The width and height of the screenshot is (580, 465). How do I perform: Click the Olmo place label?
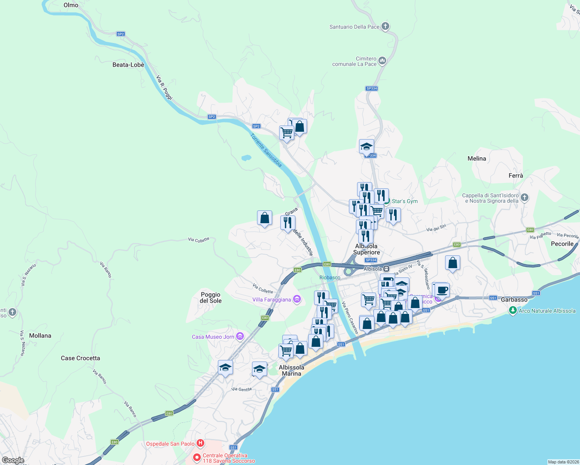[x=71, y=5]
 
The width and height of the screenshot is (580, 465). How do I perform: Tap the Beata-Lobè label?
[x=128, y=65]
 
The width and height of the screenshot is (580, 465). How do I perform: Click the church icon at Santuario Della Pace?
[x=385, y=26]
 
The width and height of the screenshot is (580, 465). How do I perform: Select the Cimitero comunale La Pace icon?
[x=382, y=60]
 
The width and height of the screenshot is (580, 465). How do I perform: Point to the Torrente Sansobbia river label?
[x=266, y=150]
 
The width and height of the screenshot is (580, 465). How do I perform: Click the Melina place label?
[x=476, y=158]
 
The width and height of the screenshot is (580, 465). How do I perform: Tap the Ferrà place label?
[x=516, y=176]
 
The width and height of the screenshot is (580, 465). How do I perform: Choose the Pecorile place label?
[x=562, y=244]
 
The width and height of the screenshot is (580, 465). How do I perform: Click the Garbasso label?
[x=514, y=300]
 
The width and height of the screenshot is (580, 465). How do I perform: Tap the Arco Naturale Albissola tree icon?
[x=513, y=310]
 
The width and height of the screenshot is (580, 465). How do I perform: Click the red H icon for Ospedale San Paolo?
[x=200, y=443]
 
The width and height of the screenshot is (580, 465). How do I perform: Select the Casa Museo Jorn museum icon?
[x=240, y=336]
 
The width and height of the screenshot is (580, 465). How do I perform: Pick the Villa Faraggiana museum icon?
[x=297, y=299]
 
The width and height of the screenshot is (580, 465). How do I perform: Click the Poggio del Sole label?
[x=211, y=298]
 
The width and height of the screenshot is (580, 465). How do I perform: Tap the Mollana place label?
[x=40, y=336]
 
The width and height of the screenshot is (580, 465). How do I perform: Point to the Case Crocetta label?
[x=80, y=358]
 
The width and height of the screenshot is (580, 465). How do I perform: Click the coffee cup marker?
[x=442, y=290]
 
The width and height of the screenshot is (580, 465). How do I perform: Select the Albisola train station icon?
[x=387, y=269]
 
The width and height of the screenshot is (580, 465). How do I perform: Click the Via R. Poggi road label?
[x=164, y=88]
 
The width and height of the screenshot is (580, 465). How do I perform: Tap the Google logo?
[x=13, y=460]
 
